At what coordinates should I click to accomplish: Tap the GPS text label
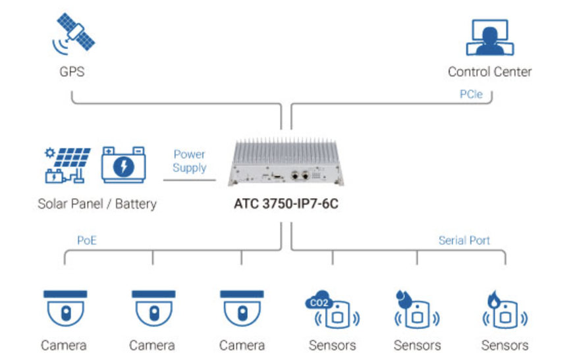click(72, 72)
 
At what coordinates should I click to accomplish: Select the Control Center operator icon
click(488, 38)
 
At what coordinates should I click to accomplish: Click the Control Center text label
click(489, 72)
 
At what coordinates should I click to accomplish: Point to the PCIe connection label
click(471, 94)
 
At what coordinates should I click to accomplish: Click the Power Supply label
click(189, 161)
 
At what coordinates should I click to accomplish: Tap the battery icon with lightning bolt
click(123, 165)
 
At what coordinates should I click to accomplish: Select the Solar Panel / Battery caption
click(97, 203)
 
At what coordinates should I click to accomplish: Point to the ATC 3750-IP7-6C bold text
click(286, 204)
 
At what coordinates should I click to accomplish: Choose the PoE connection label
click(87, 240)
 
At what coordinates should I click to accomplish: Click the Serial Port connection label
click(464, 240)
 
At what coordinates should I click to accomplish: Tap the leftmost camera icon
click(65, 308)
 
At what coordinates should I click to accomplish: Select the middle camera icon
click(153, 308)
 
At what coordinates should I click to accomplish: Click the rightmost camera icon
click(242, 308)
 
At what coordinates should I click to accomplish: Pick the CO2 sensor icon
click(332, 311)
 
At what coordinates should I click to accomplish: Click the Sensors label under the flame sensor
click(504, 346)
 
